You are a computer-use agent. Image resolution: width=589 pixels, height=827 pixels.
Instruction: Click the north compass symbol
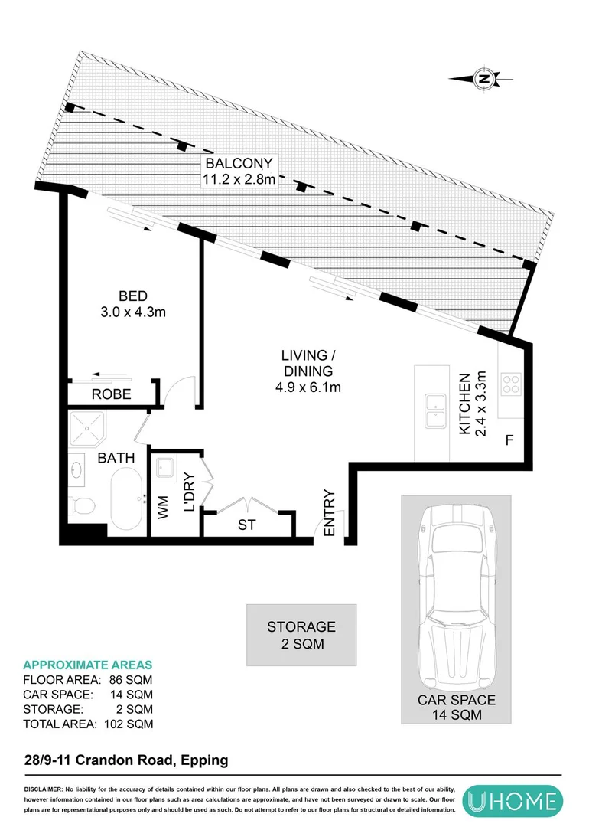point(482,78)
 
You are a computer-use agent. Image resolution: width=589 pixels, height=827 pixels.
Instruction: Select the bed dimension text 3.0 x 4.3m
point(132,312)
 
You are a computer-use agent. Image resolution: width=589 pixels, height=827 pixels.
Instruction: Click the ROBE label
point(112,395)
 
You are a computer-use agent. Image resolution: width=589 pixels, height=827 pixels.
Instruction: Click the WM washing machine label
point(163,508)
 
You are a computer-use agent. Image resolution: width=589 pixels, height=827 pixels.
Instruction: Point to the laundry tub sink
point(164,466)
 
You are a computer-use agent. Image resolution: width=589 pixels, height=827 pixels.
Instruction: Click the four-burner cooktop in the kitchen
point(510,382)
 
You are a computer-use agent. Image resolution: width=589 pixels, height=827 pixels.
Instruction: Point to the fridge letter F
point(508,442)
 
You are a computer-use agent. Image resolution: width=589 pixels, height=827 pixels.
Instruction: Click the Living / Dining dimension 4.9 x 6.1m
point(309,387)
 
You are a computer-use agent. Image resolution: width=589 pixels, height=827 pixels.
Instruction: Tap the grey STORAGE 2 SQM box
point(301,636)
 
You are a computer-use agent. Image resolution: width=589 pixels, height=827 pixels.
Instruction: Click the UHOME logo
point(513,801)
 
